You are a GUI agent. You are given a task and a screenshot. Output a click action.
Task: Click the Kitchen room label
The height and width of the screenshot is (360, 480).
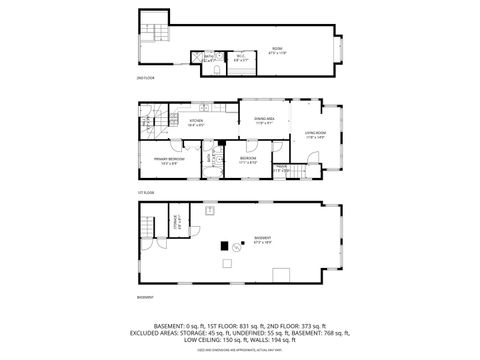(x=196, y=123)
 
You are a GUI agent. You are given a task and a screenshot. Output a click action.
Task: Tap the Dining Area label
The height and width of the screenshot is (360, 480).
(x=264, y=121)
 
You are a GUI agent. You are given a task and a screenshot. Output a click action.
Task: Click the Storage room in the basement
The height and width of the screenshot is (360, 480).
(x=175, y=225)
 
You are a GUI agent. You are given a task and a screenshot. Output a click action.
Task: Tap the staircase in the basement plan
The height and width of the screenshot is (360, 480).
(x=150, y=225)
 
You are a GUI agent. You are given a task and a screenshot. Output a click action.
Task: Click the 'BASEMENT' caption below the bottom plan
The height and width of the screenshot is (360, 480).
(x=146, y=297)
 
